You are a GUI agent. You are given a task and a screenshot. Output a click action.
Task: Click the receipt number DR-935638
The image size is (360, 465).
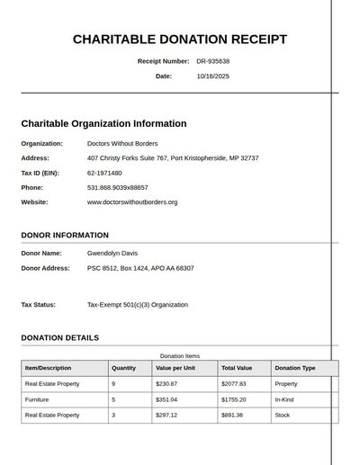213,61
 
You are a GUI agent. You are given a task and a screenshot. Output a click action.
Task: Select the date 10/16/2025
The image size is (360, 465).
213,76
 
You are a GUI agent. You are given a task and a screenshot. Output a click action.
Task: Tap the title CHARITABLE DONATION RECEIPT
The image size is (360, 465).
180,40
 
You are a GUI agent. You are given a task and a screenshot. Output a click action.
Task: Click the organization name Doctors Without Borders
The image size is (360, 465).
122,143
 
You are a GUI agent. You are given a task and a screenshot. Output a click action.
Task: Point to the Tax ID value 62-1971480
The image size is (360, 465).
105,173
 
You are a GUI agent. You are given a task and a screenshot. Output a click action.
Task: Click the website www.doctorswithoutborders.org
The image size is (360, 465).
132,202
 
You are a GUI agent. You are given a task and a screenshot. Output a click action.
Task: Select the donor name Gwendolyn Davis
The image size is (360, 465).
112,253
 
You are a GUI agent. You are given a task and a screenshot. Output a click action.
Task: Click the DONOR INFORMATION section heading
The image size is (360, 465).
65,236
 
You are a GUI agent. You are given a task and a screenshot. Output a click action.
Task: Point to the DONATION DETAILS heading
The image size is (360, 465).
60,338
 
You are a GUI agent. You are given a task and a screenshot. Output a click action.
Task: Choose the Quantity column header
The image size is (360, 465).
123,368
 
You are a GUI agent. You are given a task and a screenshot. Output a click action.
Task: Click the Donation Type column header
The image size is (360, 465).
295,368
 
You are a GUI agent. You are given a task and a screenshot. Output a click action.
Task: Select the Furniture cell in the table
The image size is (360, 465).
37,399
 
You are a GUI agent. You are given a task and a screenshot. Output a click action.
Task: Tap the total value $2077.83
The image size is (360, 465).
234,384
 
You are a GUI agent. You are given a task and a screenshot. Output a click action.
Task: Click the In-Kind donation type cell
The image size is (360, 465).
284,399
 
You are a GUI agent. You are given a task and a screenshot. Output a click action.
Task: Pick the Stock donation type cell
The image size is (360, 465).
283,416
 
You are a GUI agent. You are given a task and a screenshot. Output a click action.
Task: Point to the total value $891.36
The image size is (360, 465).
232,416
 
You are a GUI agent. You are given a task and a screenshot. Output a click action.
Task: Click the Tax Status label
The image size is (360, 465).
40,305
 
